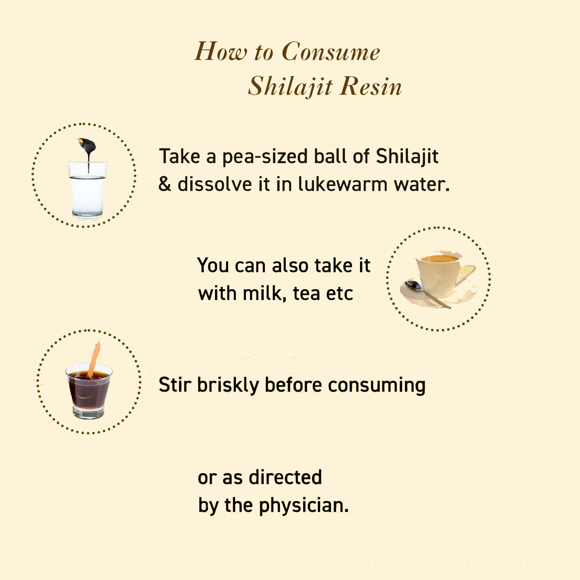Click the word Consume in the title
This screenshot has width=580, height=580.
[331, 51]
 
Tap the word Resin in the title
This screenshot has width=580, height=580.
[371, 86]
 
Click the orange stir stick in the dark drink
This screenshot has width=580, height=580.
[94, 358]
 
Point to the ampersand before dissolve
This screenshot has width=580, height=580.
[165, 184]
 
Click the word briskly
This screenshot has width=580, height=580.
[228, 386]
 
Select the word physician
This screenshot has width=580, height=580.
[304, 506]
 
